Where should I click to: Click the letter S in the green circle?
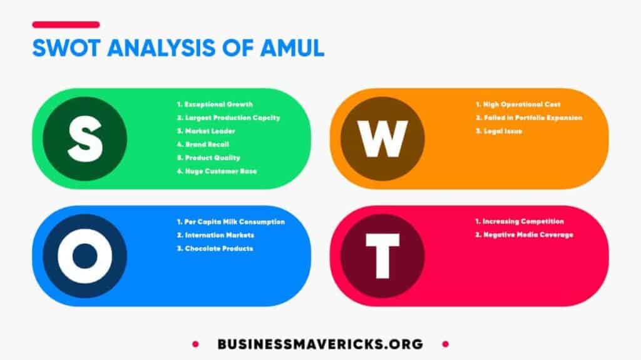(x=85, y=138)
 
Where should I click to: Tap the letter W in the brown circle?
(x=382, y=138)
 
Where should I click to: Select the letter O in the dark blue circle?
(x=85, y=255)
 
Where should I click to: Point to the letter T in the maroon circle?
(x=382, y=255)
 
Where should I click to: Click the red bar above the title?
(x=66, y=24)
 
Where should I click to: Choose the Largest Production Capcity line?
(x=228, y=117)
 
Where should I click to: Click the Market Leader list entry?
(x=206, y=131)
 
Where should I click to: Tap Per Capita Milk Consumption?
(x=230, y=222)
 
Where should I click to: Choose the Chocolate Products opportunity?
(x=215, y=249)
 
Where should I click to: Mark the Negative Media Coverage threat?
(x=524, y=235)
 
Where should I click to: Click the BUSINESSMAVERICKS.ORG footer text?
(x=320, y=344)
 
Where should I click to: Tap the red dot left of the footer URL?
(x=195, y=344)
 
